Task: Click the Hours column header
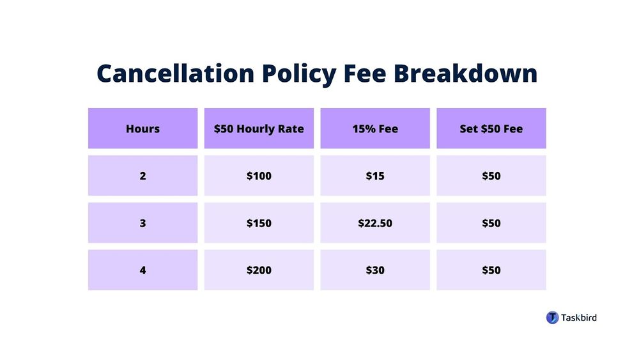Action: pos(142,129)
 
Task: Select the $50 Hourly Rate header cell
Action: pos(259,129)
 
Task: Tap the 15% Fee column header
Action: pos(375,129)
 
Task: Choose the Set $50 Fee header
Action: pos(491,129)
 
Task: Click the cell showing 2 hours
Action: pos(142,176)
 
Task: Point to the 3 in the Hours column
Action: pos(142,223)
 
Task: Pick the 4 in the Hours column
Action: pos(142,270)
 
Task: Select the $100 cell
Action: pos(259,176)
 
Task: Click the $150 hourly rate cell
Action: pos(259,223)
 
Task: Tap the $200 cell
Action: pos(259,270)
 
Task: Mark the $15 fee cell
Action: pos(375,176)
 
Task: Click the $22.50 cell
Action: pos(375,223)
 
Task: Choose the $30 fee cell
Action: pos(375,270)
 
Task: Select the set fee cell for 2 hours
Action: pos(491,176)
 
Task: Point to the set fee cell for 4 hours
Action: pos(491,270)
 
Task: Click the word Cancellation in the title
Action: pos(176,74)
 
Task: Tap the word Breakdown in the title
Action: pos(465,74)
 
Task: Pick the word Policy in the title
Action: pos(299,75)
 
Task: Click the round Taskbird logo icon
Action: pos(552,318)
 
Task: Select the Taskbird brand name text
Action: pos(579,318)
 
